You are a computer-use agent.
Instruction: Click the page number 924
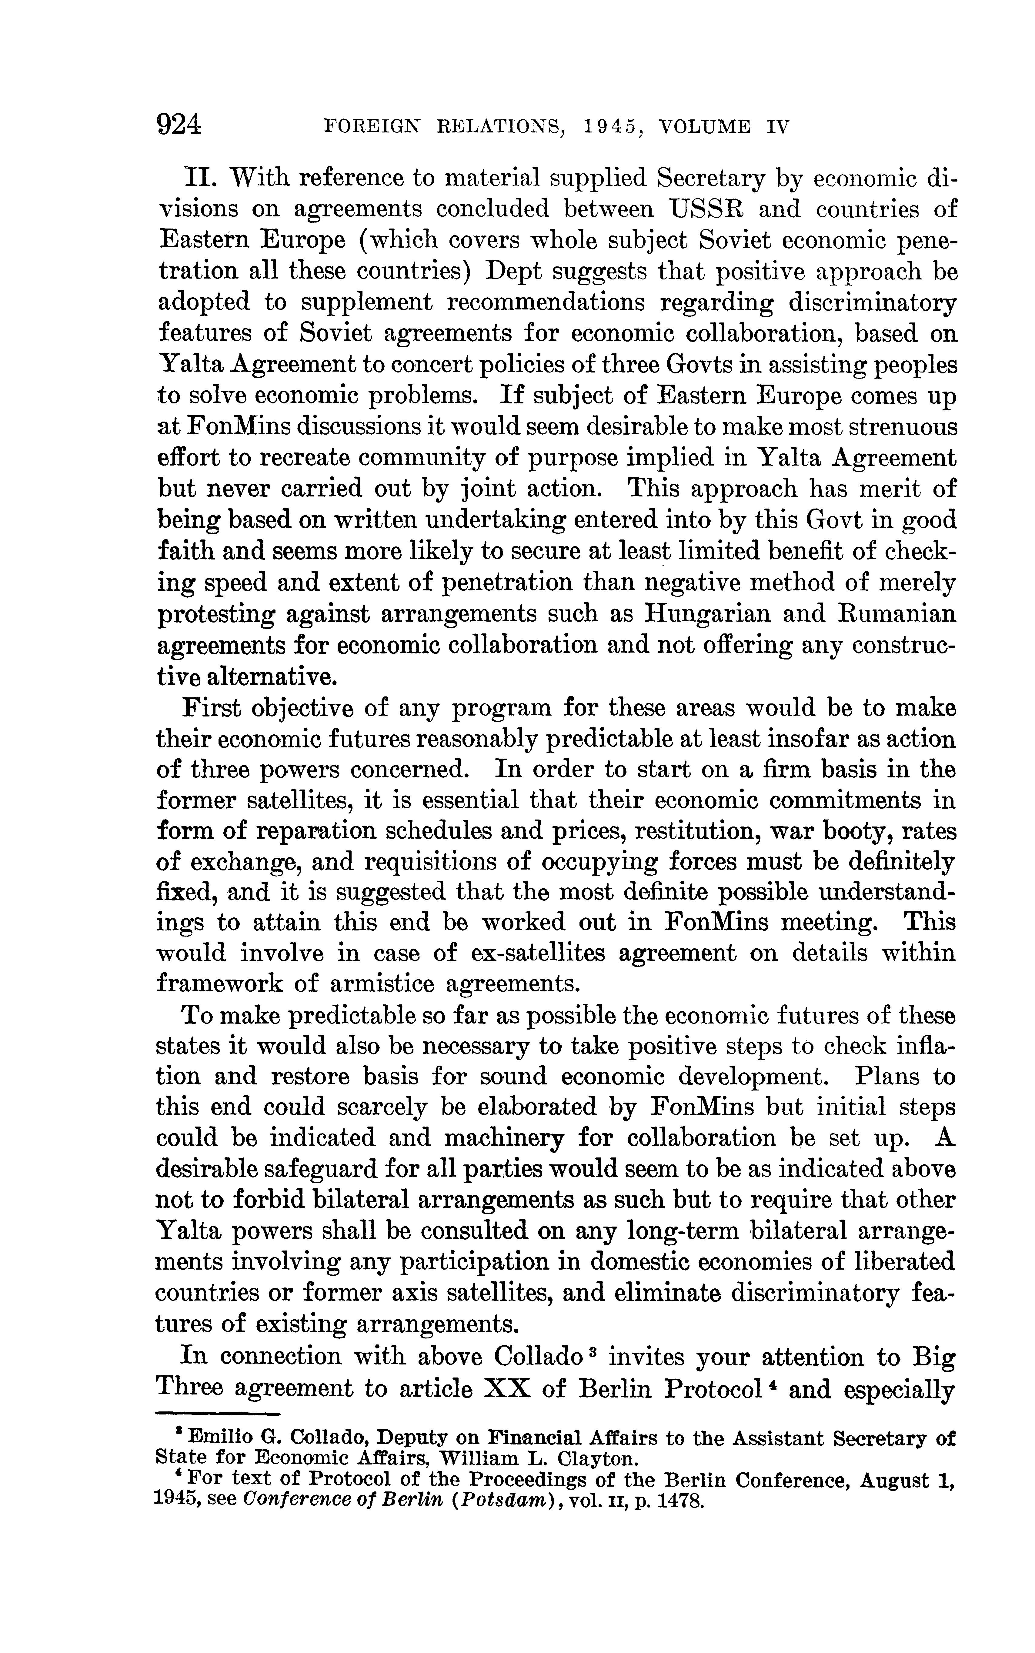click(x=179, y=125)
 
